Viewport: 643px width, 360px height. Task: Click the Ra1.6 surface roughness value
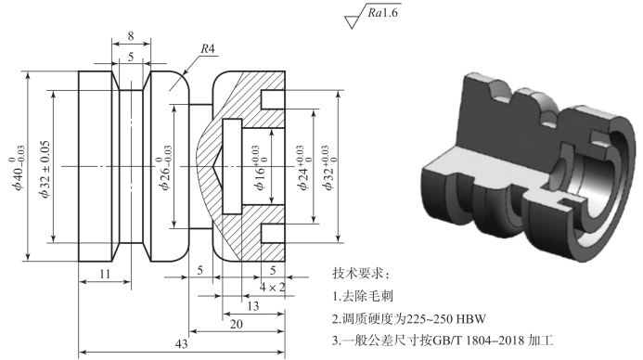click(x=382, y=13)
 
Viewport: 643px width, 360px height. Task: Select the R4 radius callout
click(x=208, y=49)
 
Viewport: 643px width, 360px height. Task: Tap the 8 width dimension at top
click(x=131, y=36)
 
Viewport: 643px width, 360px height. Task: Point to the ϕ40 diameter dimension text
click(x=18, y=168)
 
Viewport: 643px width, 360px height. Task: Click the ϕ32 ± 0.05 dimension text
click(x=45, y=169)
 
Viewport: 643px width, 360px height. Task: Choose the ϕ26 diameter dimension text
click(x=165, y=168)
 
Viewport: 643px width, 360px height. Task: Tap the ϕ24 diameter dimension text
click(x=303, y=168)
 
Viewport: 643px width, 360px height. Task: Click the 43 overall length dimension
click(x=181, y=343)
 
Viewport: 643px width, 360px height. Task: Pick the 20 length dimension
click(x=237, y=325)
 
